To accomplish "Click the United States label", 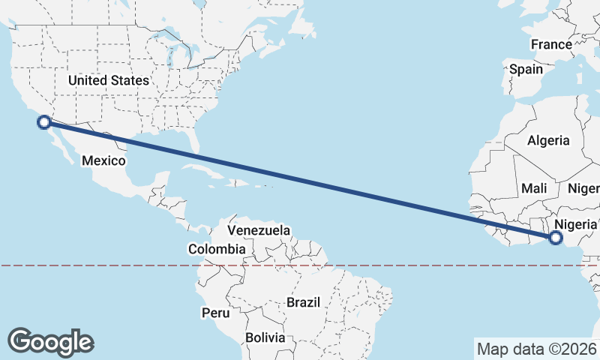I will (109, 79).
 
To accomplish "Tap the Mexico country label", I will (103, 160).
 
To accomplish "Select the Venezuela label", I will (258, 230).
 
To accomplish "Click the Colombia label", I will (217, 249).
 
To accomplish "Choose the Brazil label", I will (303, 302).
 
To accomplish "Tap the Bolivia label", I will (265, 337).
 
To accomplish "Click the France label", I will (551, 44).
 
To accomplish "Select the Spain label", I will (526, 69).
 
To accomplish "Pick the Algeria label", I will (548, 140).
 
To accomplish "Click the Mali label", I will (535, 188).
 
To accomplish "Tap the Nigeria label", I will (575, 224).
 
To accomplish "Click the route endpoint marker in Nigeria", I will (556, 238).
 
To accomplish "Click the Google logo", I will (51, 341).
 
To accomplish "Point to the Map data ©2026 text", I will (536, 349).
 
